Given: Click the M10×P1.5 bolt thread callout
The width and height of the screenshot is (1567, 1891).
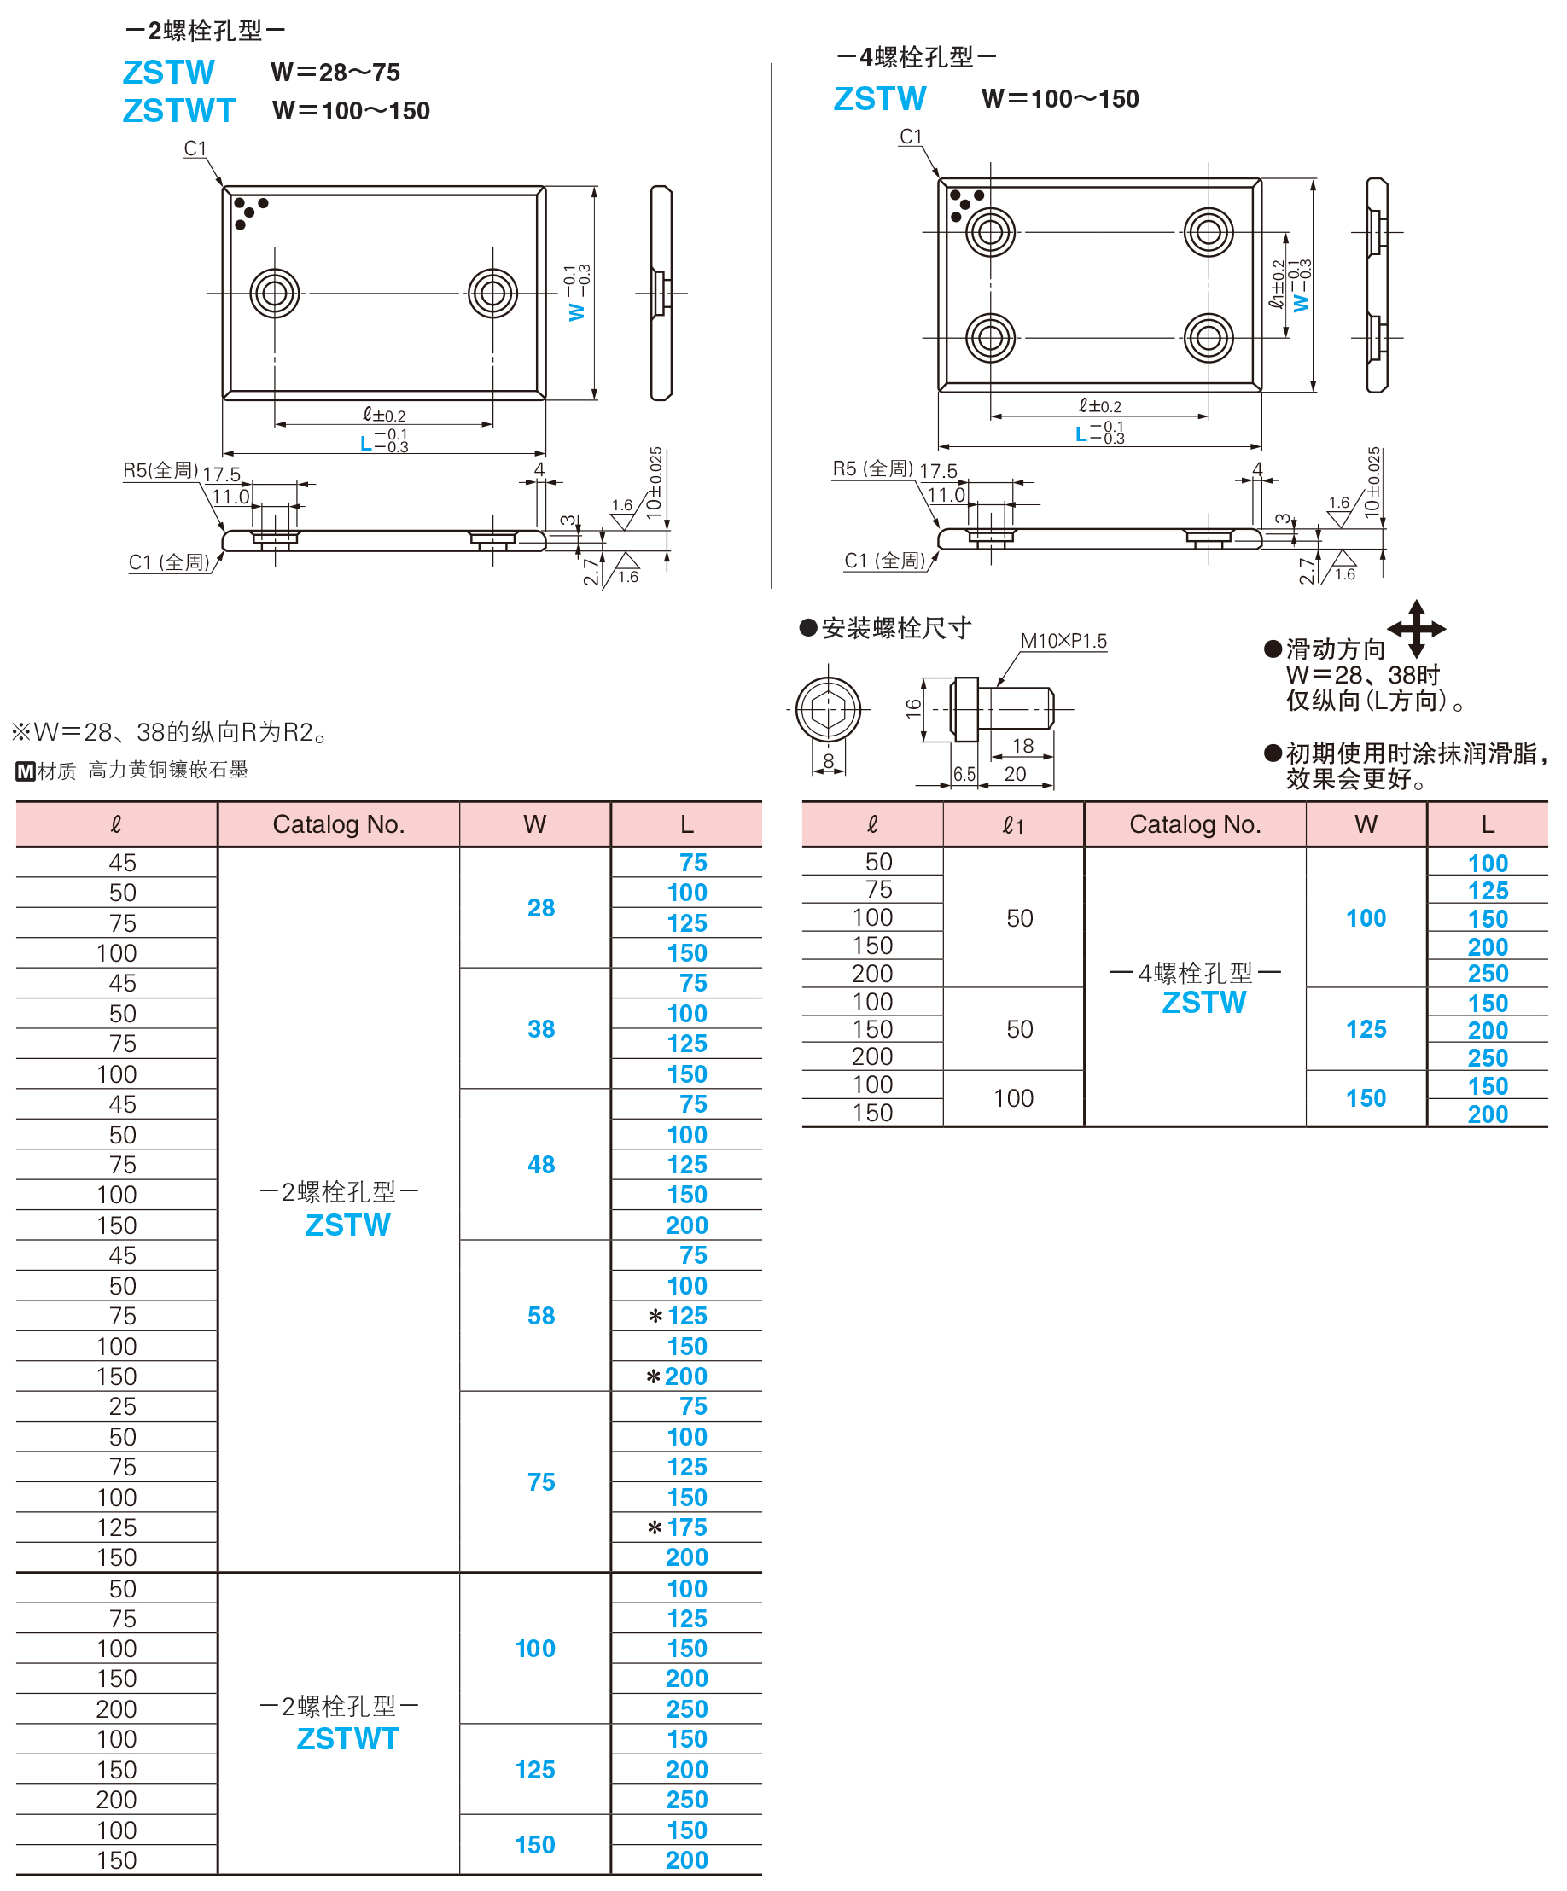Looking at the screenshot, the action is (1063, 640).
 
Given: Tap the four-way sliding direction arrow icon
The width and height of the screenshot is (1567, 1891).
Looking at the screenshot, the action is (1416, 629).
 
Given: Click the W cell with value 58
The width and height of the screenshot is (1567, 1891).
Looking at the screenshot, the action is (540, 1316).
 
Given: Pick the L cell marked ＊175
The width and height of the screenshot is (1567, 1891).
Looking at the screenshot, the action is (677, 1527).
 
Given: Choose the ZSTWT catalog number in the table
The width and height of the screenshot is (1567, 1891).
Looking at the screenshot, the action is (347, 1739).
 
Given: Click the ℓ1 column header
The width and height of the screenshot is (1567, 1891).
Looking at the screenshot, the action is (1013, 824).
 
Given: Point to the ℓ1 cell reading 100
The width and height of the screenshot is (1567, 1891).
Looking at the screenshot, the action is (1013, 1097).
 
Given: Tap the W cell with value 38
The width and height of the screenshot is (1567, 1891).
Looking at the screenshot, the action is (540, 1028).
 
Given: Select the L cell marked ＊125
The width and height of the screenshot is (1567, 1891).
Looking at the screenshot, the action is (677, 1316).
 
